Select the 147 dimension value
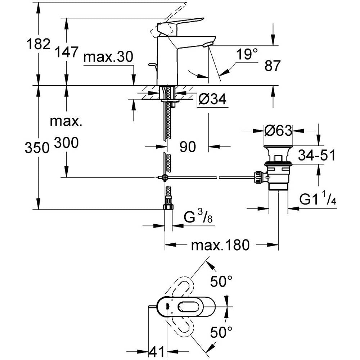(66, 52)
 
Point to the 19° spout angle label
(247, 55)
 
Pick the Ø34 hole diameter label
(212, 99)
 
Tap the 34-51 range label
(316, 156)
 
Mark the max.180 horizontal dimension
(220, 246)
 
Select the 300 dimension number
(66, 143)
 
